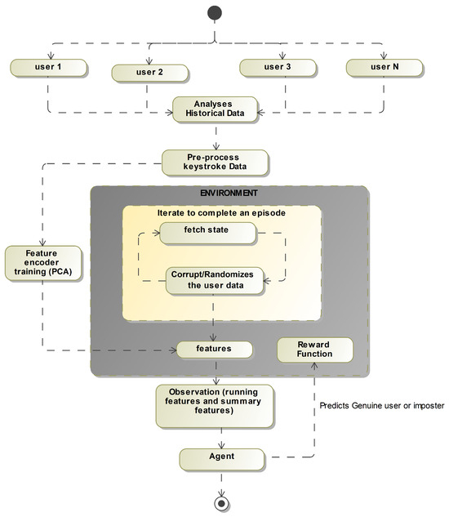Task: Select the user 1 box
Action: (x=48, y=65)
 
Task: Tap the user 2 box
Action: (x=149, y=72)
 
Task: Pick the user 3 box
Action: (x=279, y=66)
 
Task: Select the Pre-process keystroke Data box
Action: (x=216, y=162)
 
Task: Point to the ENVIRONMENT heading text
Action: (x=229, y=194)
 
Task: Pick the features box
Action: (x=213, y=349)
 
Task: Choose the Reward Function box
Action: (x=315, y=350)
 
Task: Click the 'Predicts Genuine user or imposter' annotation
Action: (x=380, y=404)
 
